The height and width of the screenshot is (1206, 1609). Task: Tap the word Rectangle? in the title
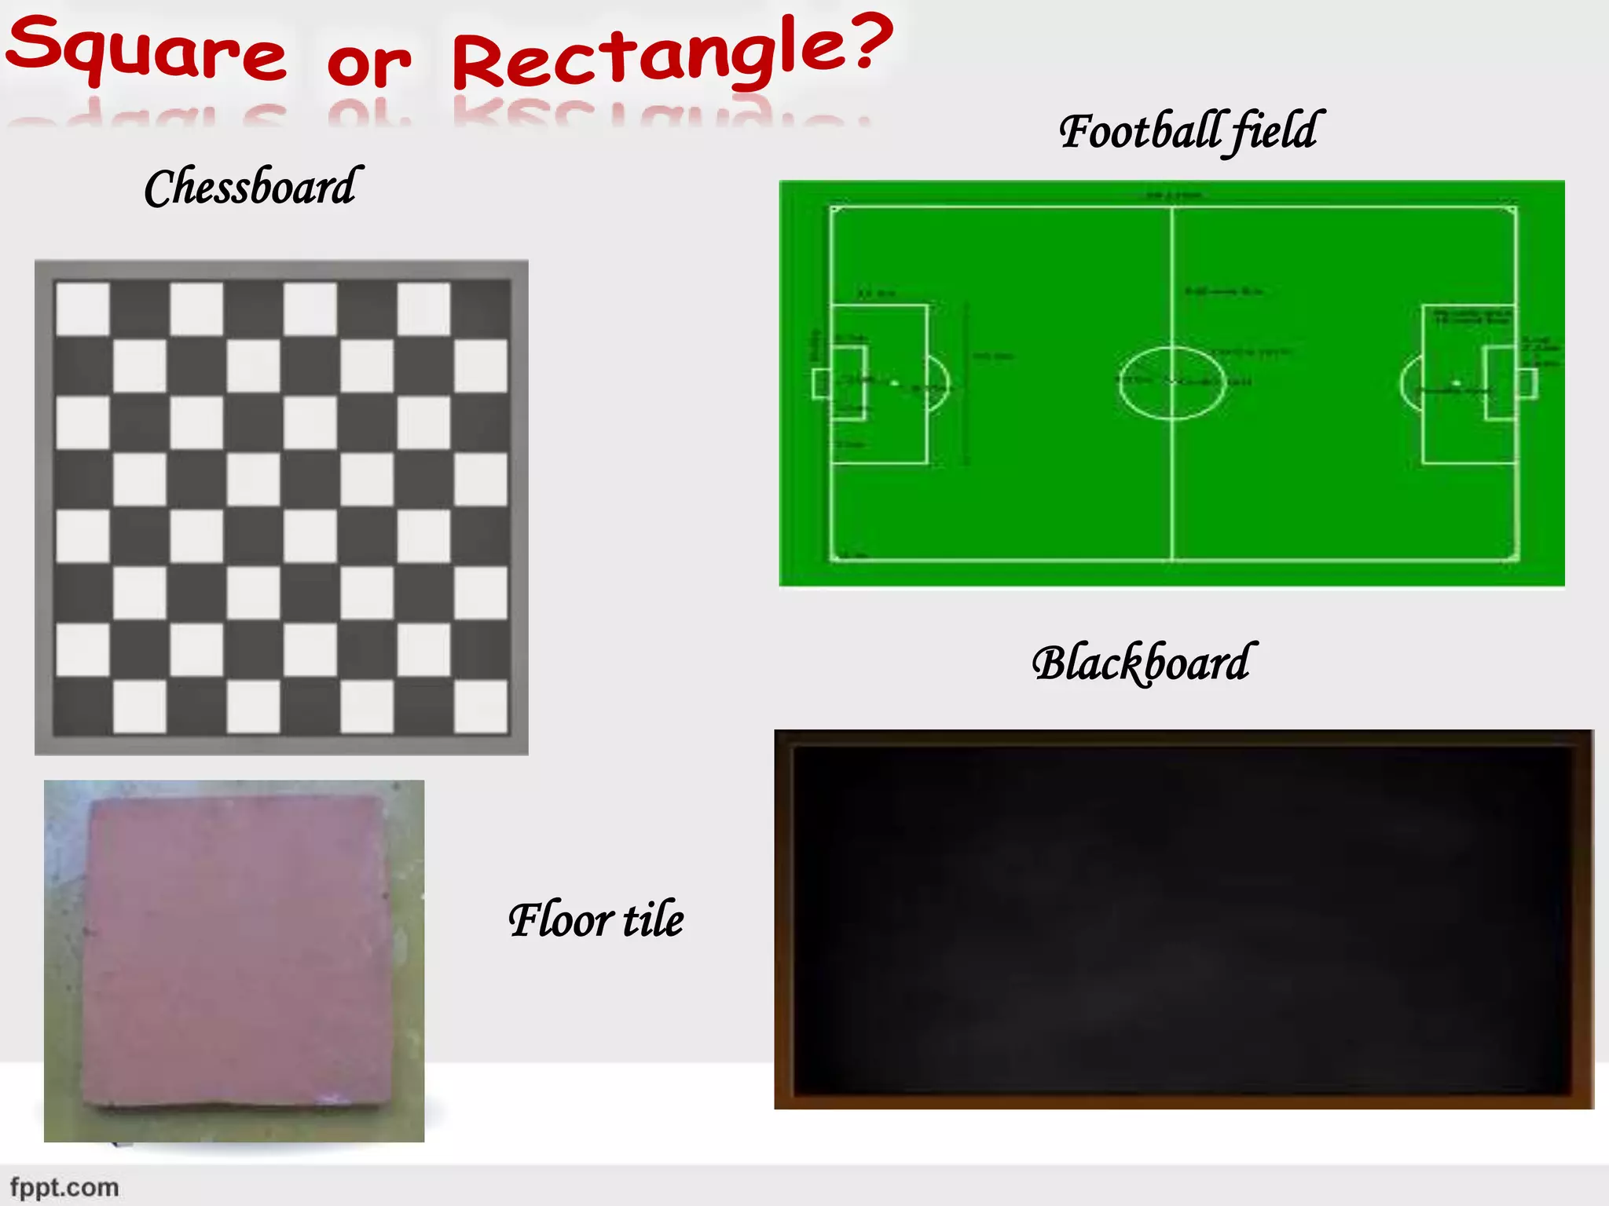point(673,52)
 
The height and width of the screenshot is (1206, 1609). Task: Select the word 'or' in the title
point(369,63)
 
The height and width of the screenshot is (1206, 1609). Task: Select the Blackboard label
point(1143,663)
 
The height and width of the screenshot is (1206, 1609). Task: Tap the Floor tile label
point(596,919)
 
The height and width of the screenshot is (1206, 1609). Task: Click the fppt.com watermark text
point(64,1187)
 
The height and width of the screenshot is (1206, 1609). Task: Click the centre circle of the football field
point(1171,383)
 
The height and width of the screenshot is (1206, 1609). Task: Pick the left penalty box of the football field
point(880,384)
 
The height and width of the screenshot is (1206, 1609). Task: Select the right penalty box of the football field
point(1468,384)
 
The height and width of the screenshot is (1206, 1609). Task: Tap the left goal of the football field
point(820,384)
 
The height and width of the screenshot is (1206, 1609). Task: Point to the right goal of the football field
point(1528,384)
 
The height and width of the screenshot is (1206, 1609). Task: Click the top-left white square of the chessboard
point(82,309)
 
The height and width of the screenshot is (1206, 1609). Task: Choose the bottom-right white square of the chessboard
point(481,706)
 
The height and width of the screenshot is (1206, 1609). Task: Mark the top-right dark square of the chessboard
point(481,309)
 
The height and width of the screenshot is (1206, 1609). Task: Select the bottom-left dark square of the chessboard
point(82,706)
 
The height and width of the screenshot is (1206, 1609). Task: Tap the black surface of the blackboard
point(1183,919)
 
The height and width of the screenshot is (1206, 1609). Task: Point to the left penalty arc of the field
point(940,384)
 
